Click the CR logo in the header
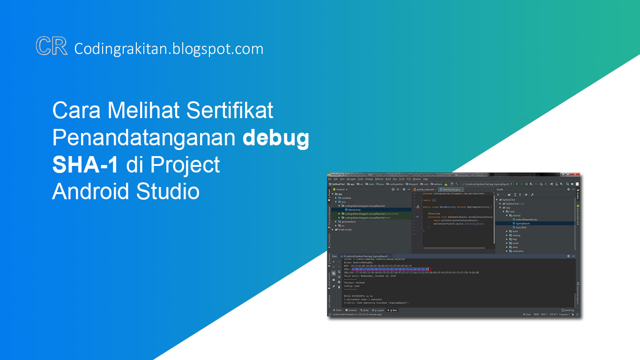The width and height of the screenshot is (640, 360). pos(52,47)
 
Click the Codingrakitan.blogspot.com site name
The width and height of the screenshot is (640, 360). pos(169,49)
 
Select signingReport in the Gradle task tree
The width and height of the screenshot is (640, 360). pos(523,223)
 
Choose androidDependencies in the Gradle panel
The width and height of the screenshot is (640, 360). pos(526,219)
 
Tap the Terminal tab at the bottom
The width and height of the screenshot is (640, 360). pos(351,310)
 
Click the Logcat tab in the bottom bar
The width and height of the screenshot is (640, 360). pos(379,310)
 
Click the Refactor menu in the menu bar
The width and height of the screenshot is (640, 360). pos(379,179)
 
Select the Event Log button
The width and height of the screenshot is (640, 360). pos(568,310)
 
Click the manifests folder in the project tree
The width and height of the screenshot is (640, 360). pos(346,198)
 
